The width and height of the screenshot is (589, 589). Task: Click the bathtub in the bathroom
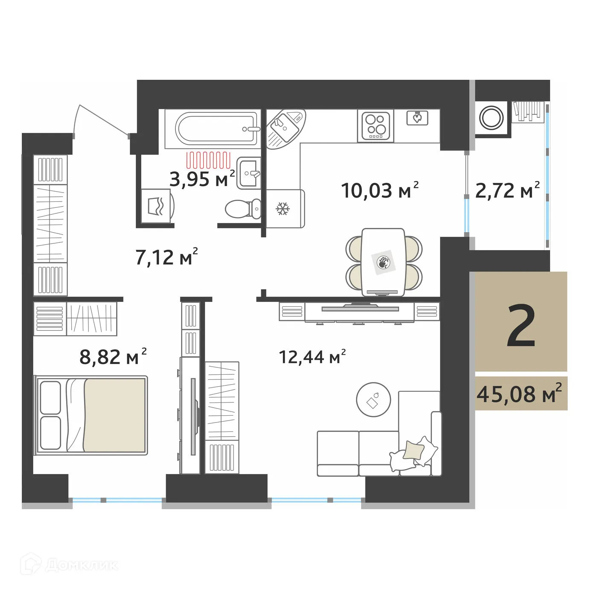[218, 128]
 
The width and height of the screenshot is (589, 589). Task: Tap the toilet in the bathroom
[243, 209]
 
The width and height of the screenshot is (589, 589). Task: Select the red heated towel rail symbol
[208, 160]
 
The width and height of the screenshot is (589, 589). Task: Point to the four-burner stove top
[376, 125]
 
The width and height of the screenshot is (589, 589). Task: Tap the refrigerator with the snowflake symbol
[283, 209]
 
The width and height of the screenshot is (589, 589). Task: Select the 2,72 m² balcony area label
[507, 190]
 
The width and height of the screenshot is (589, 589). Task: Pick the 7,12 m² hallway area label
[166, 257]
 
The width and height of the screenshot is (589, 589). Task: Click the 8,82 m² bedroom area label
[113, 357]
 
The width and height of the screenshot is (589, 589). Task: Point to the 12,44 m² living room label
[312, 357]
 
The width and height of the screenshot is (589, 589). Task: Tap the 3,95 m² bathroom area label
[202, 179]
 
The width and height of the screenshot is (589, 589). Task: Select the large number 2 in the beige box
[521, 327]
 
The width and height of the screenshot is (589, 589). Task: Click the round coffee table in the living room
[373, 399]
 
